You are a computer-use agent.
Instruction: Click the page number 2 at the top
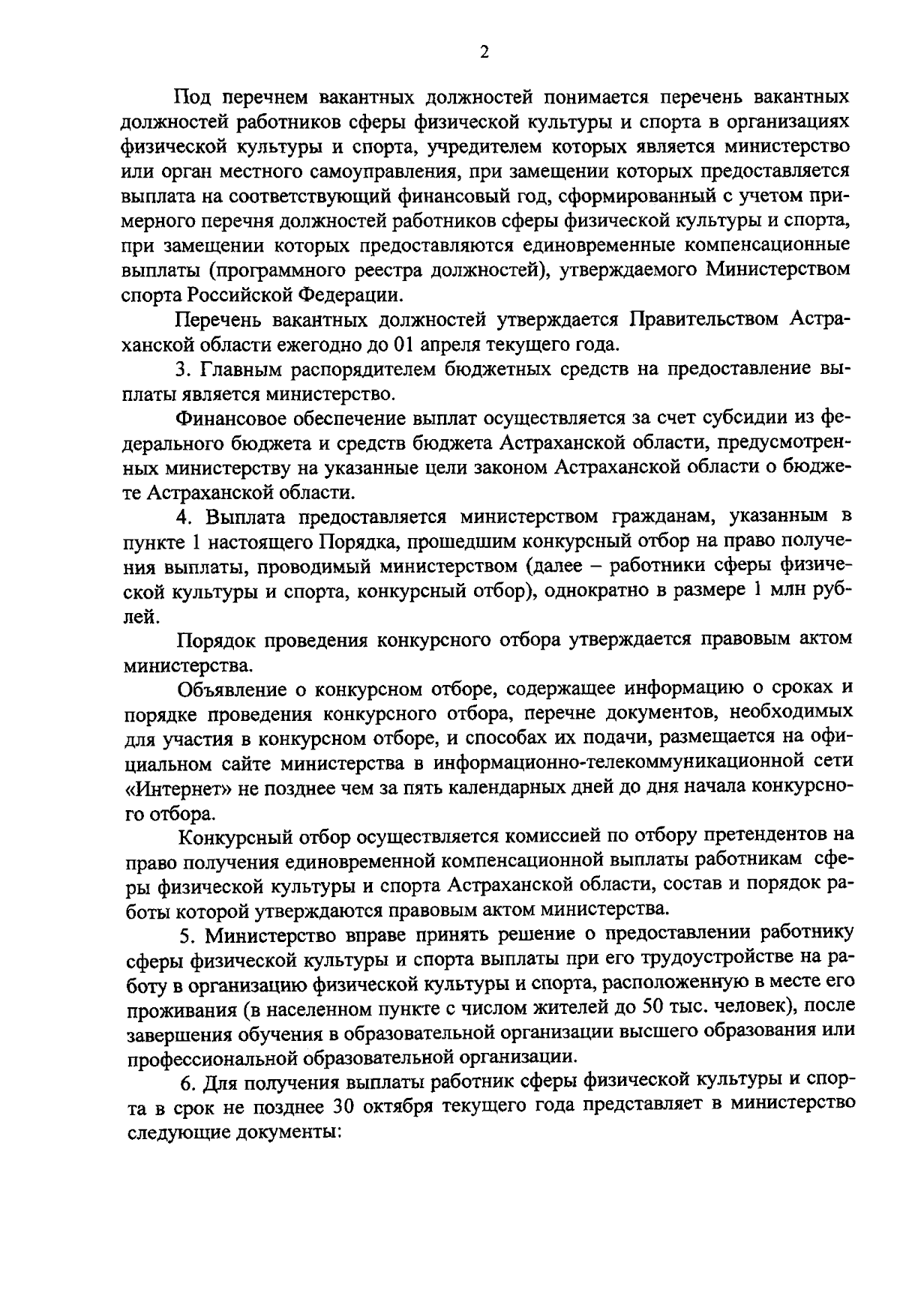coord(484,52)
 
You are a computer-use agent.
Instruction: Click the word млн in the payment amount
coord(787,591)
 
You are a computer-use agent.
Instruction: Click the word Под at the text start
coord(190,97)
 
